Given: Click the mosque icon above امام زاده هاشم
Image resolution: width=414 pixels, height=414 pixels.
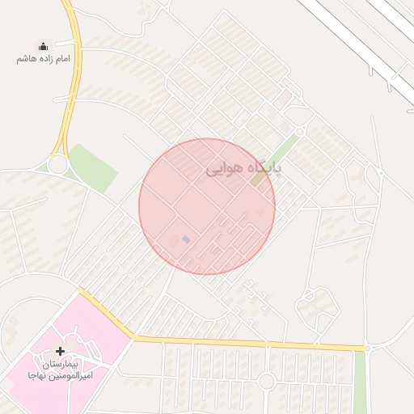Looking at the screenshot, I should click(43, 47).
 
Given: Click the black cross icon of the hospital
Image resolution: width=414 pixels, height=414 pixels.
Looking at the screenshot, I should click(60, 351).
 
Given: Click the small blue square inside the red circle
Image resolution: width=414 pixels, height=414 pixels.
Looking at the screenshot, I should click(187, 239).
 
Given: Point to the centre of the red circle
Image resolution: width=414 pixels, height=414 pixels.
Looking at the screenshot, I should click(207, 207).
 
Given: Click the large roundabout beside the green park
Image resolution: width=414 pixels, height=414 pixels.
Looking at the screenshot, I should click(57, 165).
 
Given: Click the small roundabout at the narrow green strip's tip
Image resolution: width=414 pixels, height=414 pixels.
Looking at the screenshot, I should click(300, 130).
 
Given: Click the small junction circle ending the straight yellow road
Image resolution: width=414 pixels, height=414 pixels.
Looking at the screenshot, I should click(367, 349).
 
